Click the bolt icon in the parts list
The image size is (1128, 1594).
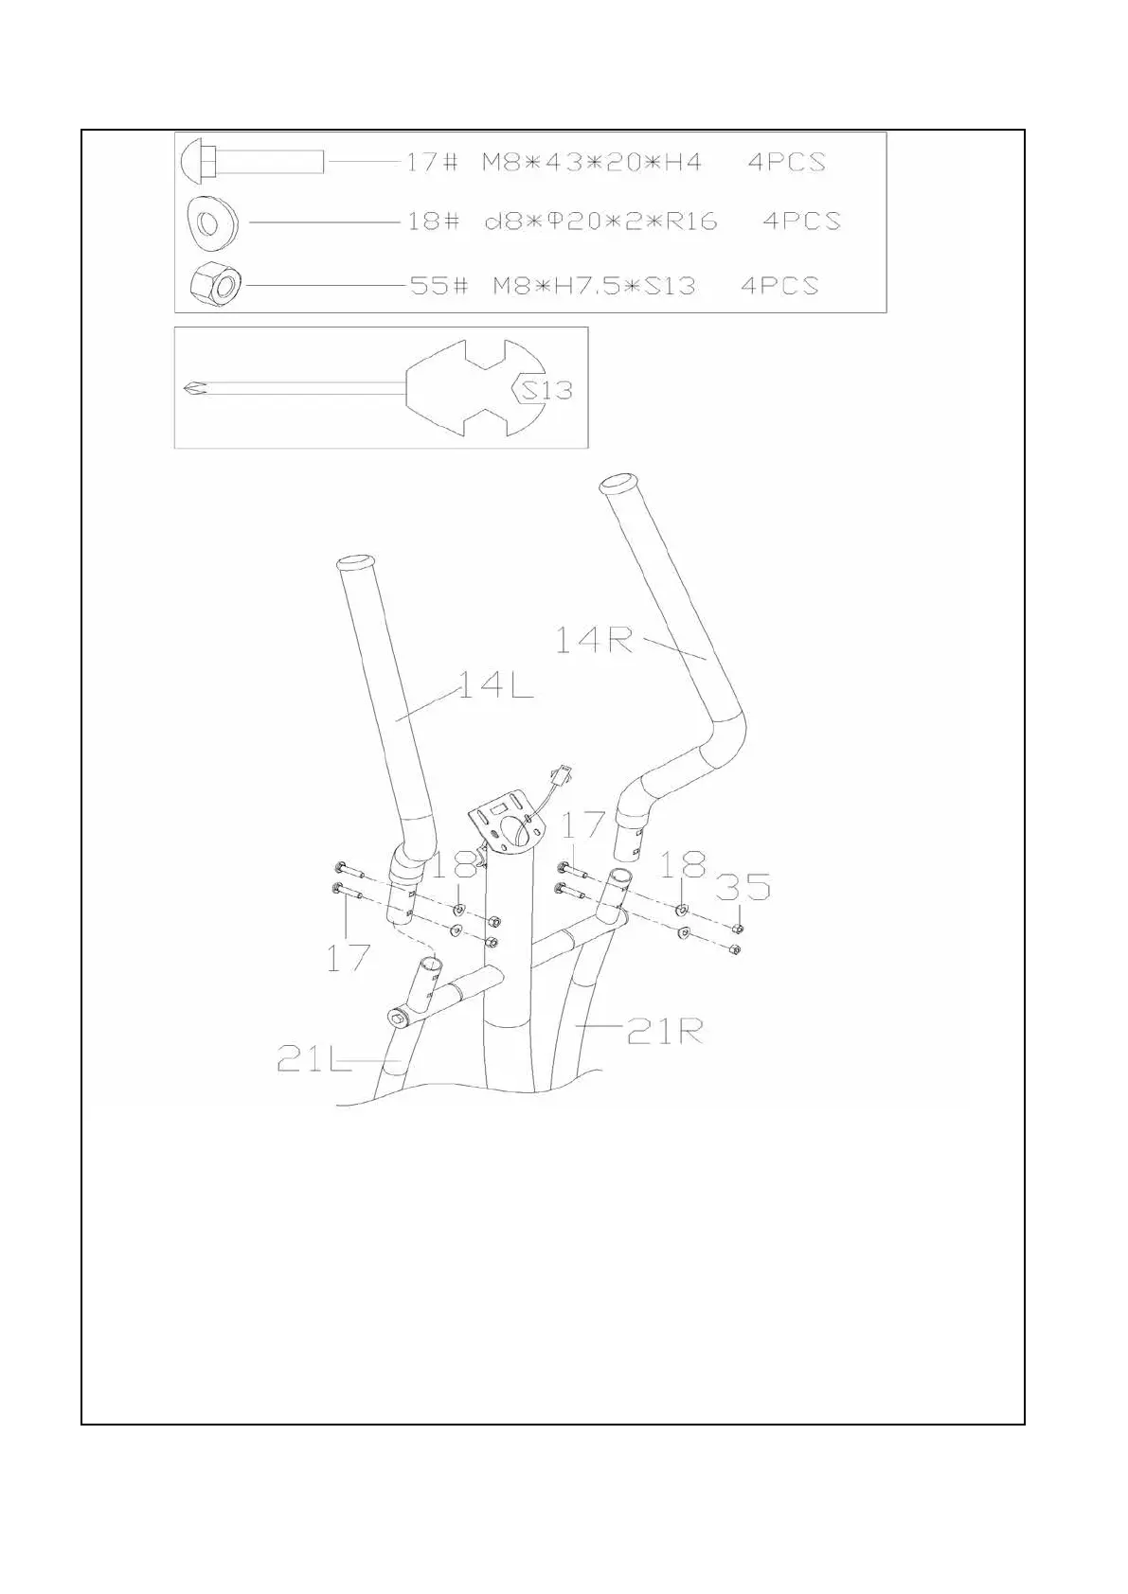coord(251,161)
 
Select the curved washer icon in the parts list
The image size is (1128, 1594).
coord(212,222)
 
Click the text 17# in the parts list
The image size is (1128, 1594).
coord(432,162)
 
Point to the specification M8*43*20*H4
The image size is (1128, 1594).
coord(592,162)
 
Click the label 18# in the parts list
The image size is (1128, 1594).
coord(433,221)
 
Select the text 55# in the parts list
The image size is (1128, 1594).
coord(439,285)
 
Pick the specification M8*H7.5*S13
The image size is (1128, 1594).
coord(594,285)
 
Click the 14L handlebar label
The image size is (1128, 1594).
coord(495,685)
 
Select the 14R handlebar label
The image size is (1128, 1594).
coord(593,641)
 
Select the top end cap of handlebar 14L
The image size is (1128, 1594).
coord(358,564)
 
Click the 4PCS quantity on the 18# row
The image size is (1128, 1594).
coord(801,221)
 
